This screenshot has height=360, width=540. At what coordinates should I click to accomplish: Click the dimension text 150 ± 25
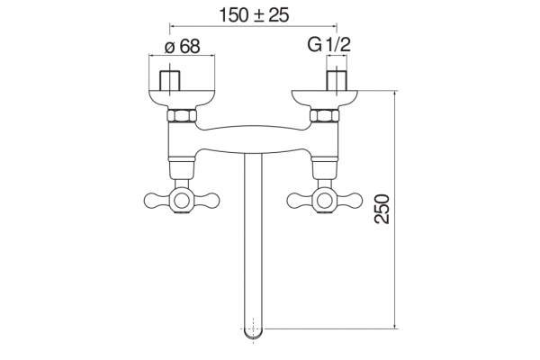click(x=254, y=15)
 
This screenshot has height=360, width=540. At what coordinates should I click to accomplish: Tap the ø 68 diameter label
click(x=182, y=46)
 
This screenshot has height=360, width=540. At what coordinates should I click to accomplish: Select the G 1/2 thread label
click(x=328, y=44)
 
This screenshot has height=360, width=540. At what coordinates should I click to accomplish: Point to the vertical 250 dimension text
click(x=382, y=209)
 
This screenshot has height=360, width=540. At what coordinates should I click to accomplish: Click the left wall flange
click(x=182, y=99)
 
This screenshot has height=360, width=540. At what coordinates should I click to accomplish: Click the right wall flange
click(x=325, y=99)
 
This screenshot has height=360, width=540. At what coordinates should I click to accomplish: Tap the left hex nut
click(x=182, y=115)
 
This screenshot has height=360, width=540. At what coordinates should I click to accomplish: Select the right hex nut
click(x=325, y=115)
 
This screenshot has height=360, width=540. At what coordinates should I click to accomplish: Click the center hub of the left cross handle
click(x=182, y=201)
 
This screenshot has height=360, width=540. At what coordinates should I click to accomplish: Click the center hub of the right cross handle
click(x=325, y=201)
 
